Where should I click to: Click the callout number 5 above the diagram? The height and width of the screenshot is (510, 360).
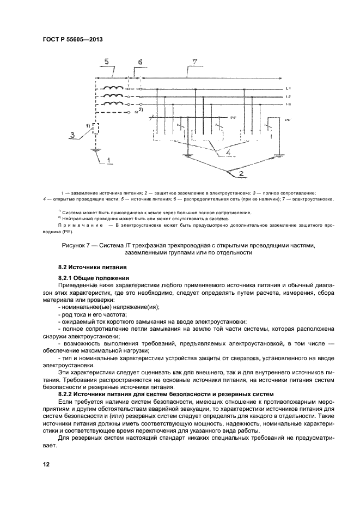(107, 62)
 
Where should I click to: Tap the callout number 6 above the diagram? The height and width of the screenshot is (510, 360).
(139, 63)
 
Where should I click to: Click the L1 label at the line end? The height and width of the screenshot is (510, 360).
(289, 88)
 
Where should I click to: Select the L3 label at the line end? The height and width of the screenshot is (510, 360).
(289, 104)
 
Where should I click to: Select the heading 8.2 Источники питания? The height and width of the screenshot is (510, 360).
(92, 268)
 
